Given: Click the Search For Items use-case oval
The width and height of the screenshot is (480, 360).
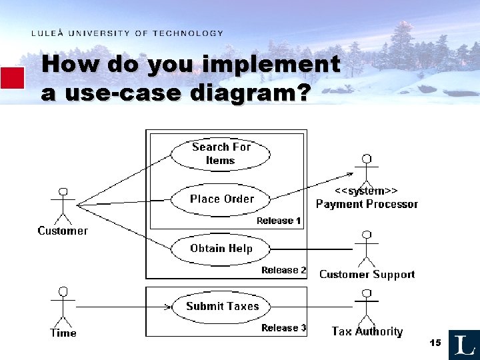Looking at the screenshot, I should click(x=221, y=153).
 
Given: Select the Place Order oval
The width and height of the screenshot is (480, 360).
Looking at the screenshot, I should click(x=221, y=199).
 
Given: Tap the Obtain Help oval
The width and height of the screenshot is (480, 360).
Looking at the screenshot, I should click(x=221, y=249).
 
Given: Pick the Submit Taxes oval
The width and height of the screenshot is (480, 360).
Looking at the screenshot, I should click(x=222, y=307).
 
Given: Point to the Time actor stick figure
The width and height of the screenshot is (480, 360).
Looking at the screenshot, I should click(x=63, y=307).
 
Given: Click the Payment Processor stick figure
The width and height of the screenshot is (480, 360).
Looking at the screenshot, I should click(x=365, y=170).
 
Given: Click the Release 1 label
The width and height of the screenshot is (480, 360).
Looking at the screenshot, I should click(x=279, y=221).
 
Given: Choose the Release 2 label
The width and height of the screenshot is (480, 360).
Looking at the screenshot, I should click(x=283, y=270).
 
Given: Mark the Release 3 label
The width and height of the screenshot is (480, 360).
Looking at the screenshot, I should click(x=283, y=327).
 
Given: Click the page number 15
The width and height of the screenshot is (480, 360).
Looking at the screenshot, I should click(x=435, y=343).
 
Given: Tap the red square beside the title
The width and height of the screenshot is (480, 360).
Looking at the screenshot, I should click(x=12, y=78).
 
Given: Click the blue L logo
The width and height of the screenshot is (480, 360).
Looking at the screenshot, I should click(x=464, y=345).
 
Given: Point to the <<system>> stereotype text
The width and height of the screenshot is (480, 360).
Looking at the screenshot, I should click(x=366, y=191).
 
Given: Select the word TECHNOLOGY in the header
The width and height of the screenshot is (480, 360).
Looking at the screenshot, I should click(x=188, y=33).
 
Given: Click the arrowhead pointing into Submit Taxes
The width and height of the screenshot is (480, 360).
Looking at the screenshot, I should click(x=167, y=307).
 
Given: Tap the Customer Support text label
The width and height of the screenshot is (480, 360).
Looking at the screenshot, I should click(x=367, y=275).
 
